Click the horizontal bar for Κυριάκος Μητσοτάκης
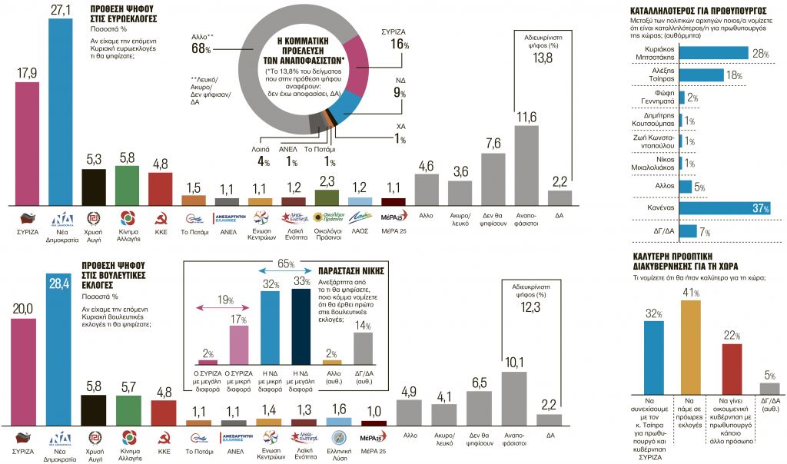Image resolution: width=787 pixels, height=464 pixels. pyautogui.click(x=714, y=52)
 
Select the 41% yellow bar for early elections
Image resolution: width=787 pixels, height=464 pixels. pyautogui.click(x=691, y=346)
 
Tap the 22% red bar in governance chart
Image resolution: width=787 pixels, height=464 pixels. pyautogui.click(x=732, y=369)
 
